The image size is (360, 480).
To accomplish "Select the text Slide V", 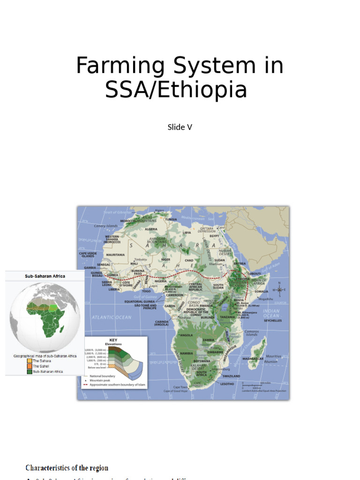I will click(x=180, y=127).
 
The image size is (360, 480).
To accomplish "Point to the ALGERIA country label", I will click(x=151, y=229).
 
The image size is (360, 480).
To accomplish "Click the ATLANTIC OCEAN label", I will click(x=112, y=317).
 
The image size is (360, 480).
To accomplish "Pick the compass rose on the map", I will click(x=280, y=289).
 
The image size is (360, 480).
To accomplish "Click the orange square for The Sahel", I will click(x=30, y=366).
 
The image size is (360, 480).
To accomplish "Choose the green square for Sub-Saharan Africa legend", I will click(x=30, y=371).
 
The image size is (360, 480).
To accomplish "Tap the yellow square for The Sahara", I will click(x=30, y=361).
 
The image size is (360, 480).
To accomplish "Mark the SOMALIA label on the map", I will click(x=262, y=291).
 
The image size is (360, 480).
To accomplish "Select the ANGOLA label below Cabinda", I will click(x=187, y=335).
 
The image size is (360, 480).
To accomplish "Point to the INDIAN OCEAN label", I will click(x=271, y=313).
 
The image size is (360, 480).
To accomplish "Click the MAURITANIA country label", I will click(x=115, y=255).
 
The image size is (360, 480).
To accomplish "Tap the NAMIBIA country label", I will click(x=187, y=353).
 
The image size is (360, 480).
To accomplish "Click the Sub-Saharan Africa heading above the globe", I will click(x=45, y=276).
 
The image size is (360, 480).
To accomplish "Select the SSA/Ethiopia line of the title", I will click(x=176, y=90).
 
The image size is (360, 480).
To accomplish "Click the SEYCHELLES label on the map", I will click(x=273, y=321).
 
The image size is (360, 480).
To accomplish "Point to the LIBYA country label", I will click(x=187, y=232).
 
